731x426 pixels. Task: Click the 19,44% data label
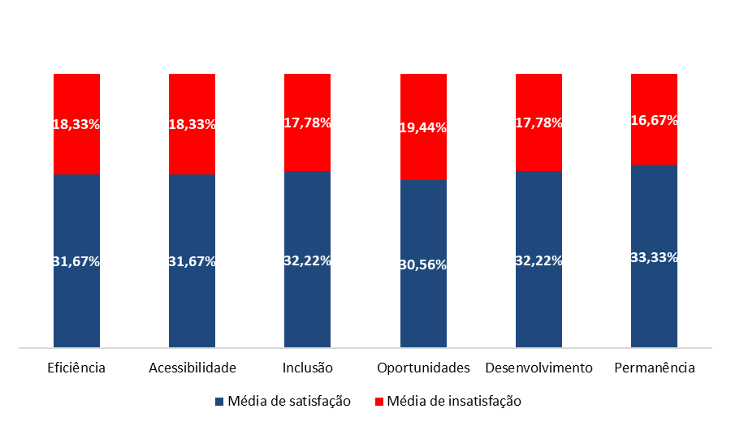423,128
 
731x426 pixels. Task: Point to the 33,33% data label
654,257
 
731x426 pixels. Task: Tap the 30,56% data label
423,265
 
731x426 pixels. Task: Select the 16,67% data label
654,120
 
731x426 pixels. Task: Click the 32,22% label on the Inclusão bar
307,261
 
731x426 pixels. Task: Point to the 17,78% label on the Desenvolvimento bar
539,123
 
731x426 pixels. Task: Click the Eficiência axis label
76,368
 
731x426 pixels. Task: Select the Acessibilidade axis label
192,368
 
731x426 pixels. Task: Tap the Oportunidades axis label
423,368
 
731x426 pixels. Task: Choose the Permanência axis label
655,368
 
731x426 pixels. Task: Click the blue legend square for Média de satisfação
219,401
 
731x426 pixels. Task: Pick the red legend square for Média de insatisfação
378,401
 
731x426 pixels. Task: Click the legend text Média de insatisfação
454,401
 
